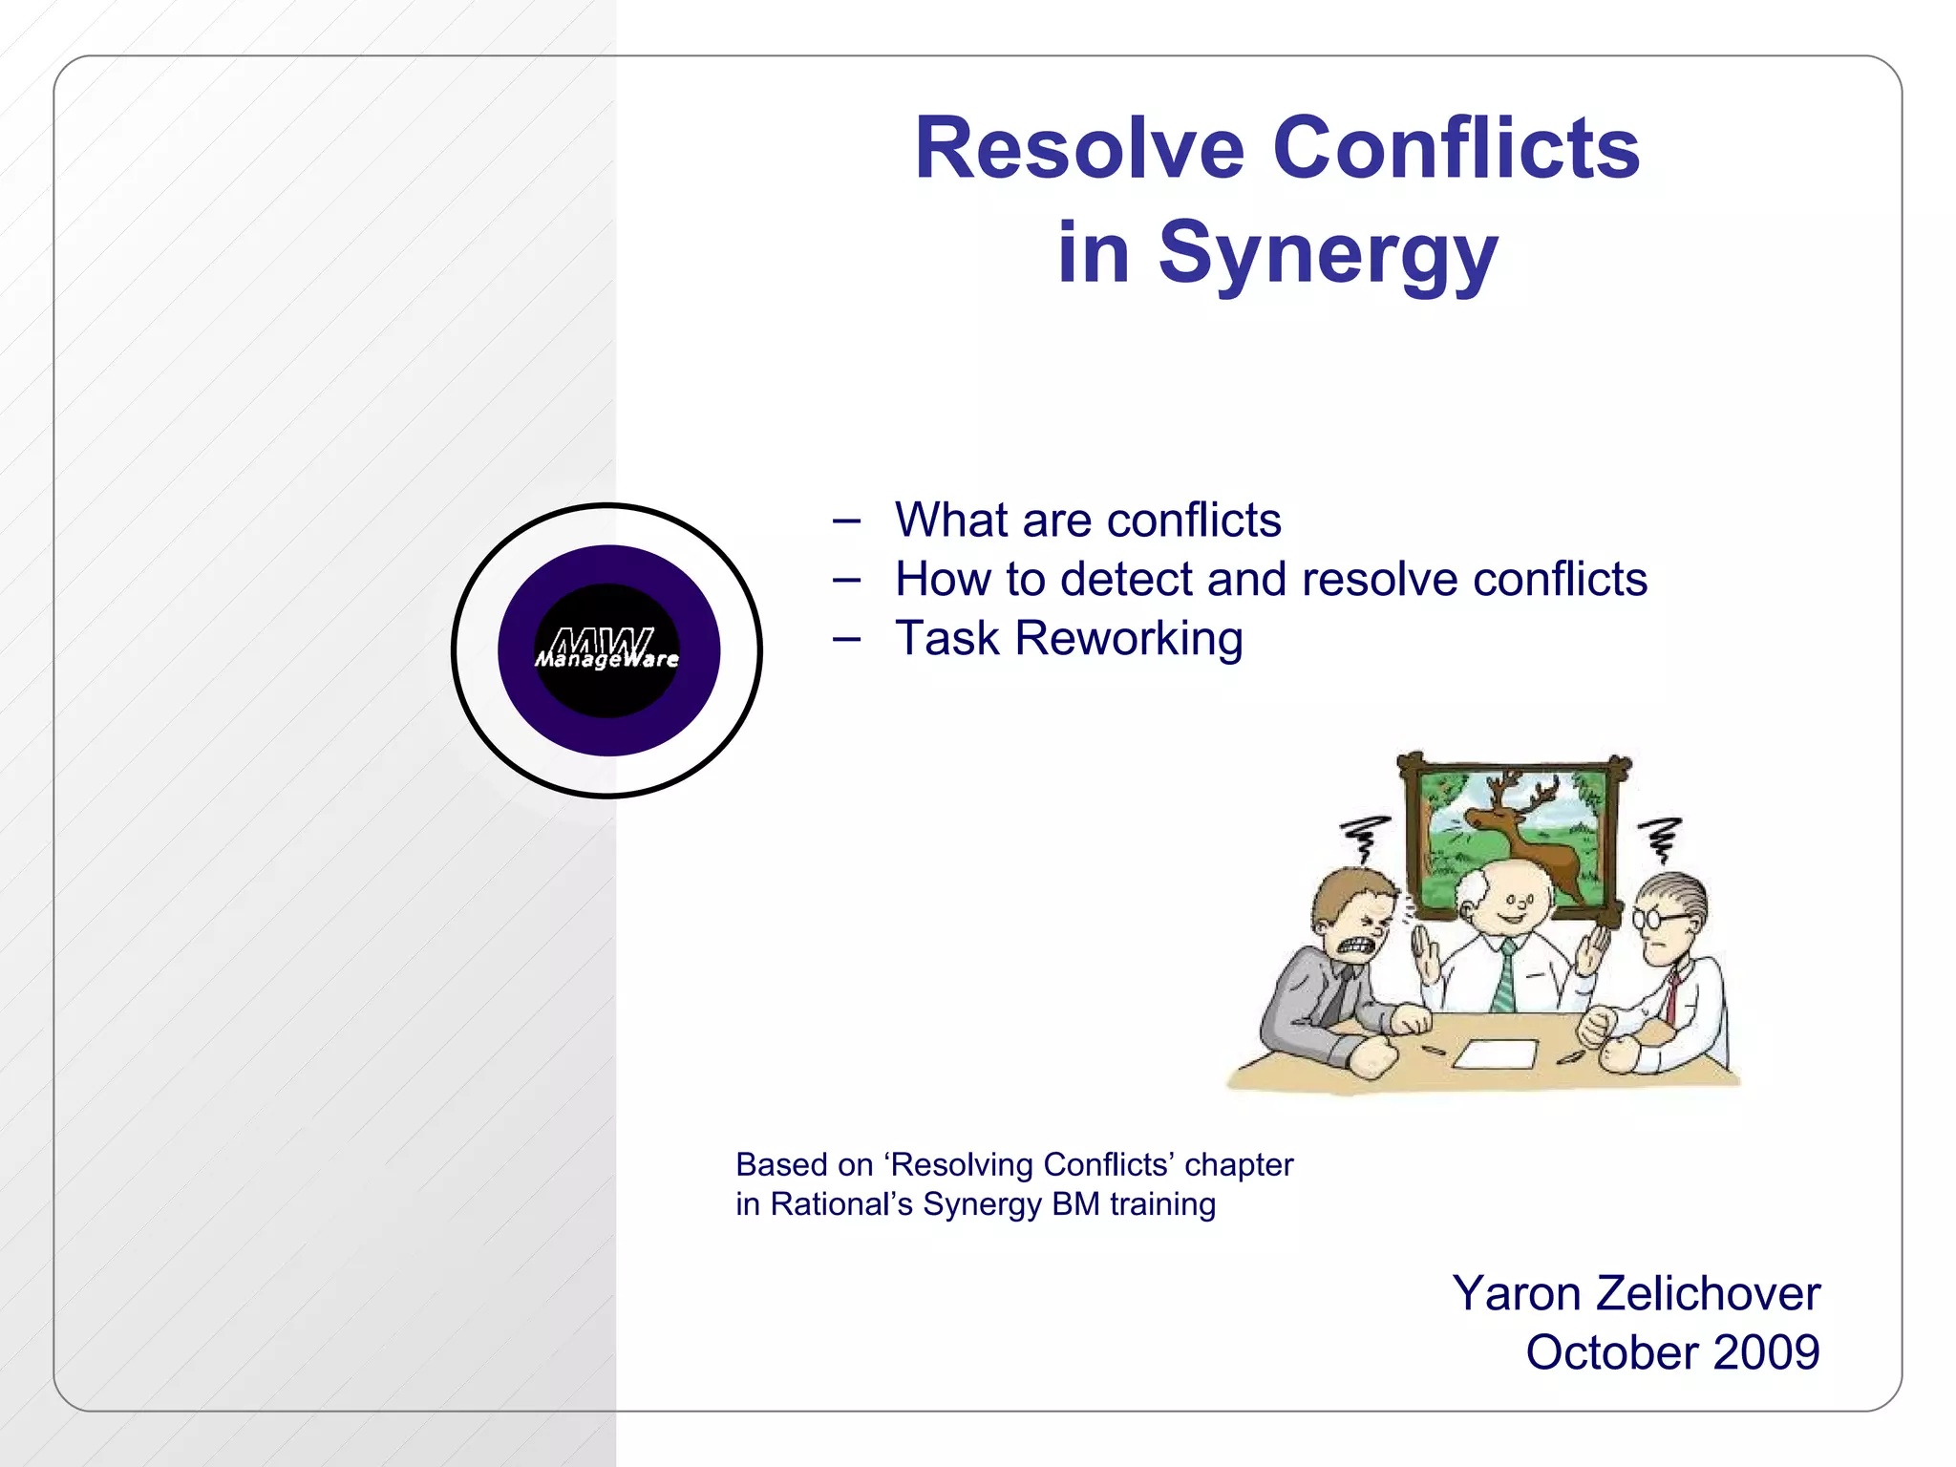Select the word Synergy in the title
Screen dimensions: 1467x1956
(1328, 253)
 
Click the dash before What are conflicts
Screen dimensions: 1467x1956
(846, 521)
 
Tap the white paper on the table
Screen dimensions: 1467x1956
(1496, 1053)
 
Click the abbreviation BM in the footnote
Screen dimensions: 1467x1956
(1075, 1204)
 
